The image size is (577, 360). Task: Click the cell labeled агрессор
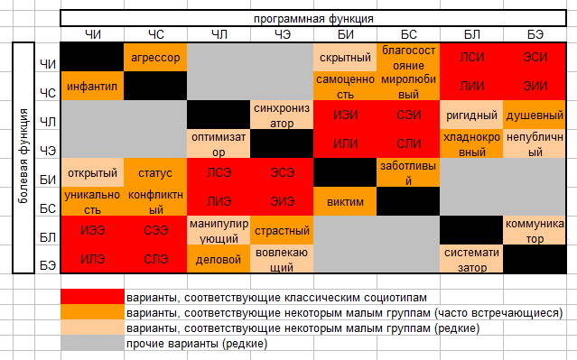tap(155, 57)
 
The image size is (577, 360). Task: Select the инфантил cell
tap(92, 86)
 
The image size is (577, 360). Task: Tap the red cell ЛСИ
tap(471, 57)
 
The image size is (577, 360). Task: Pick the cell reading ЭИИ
tap(535, 86)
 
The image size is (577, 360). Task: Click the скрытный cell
tap(345, 57)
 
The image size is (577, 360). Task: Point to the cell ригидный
tap(471, 115)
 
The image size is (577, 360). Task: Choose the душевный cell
tap(535, 115)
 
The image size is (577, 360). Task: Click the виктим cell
tap(345, 201)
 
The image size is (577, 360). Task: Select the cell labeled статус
tap(155, 172)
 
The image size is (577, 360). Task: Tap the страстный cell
tap(282, 230)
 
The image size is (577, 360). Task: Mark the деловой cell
tap(219, 259)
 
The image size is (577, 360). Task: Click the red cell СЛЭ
tap(155, 259)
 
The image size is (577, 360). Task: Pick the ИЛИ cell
tap(345, 143)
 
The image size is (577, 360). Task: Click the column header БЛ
tap(471, 34)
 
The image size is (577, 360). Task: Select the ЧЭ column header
tap(282, 34)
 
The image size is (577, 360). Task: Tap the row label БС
tap(48, 208)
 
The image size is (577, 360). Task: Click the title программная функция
tap(313, 18)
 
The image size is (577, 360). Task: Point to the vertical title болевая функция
tap(23, 156)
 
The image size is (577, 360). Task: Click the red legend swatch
tap(92, 296)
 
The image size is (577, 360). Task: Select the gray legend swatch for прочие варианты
tap(92, 343)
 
